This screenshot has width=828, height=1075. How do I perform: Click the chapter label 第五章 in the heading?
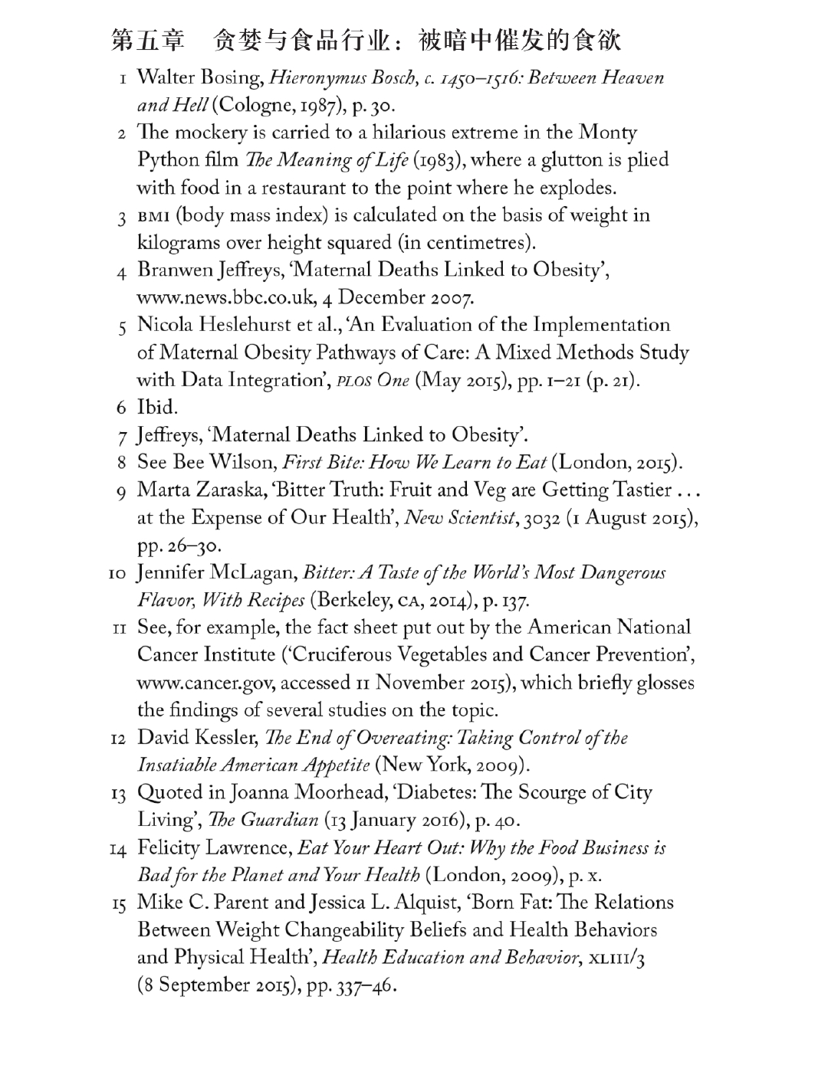point(149,41)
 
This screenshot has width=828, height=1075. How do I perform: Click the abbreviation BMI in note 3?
point(154,216)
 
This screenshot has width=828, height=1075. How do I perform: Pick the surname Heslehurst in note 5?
point(245,325)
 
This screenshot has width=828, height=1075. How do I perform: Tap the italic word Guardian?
point(279,821)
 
